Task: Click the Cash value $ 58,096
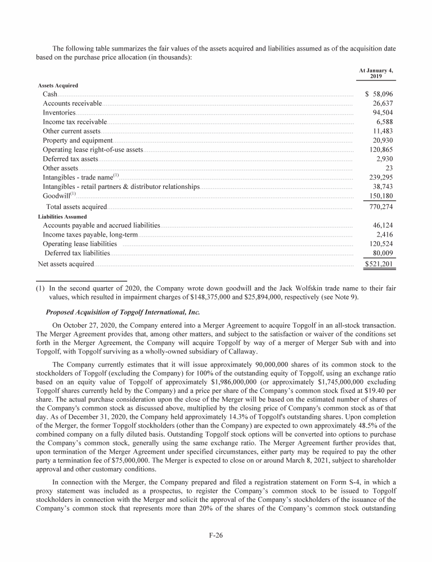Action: (379, 94)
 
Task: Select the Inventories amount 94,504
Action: (382, 112)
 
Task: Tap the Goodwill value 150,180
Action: (381, 196)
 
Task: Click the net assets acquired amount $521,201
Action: (380, 263)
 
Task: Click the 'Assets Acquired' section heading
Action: (58, 85)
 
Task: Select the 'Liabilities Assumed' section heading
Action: (62, 216)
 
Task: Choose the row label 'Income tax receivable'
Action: (75, 122)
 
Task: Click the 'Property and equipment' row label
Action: (78, 140)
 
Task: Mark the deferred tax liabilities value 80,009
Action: (382, 253)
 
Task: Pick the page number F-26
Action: (216, 536)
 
